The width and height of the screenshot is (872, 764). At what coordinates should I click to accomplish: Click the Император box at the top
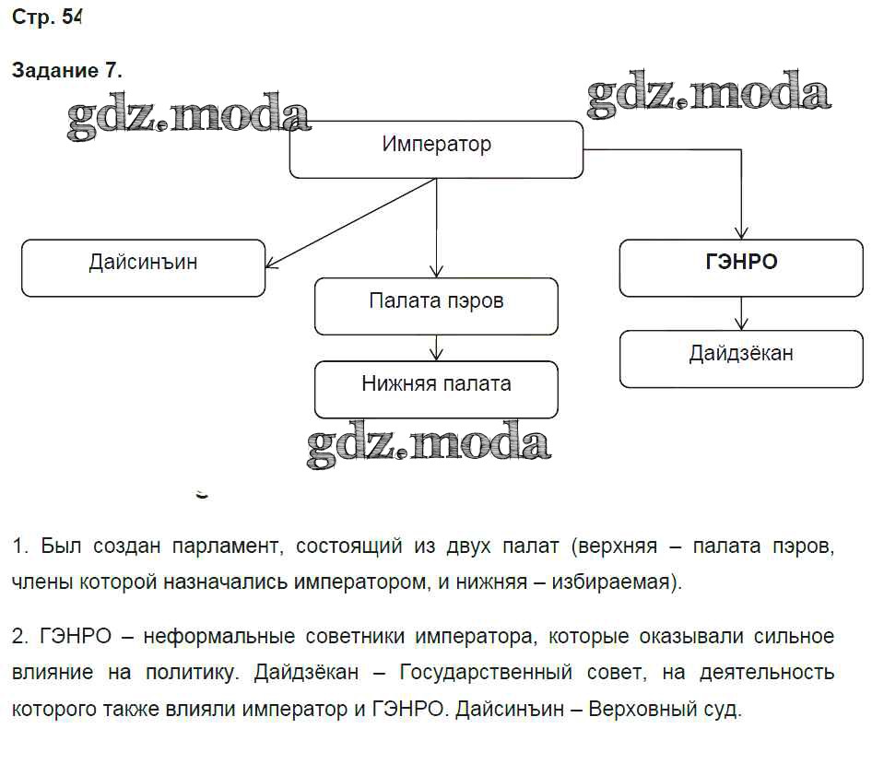pos(436,148)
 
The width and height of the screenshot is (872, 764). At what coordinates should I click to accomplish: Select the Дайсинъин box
pos(143,267)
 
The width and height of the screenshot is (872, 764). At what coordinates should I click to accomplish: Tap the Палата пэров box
pos(436,306)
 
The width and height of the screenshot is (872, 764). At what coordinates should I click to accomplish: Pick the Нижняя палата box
pos(436,389)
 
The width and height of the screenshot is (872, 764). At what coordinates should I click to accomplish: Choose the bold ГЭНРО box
pos(740,267)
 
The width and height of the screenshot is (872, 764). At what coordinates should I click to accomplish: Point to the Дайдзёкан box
pos(740,358)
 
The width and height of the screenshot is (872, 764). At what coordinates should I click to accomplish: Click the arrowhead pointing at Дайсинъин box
pos(271,264)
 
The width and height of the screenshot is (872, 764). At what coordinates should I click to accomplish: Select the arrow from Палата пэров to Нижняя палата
pos(436,347)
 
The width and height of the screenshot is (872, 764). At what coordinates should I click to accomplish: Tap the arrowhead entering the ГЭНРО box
pos(740,234)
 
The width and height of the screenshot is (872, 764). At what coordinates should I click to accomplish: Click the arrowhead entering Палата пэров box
pos(436,272)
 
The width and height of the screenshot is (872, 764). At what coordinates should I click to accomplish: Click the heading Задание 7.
pos(66,71)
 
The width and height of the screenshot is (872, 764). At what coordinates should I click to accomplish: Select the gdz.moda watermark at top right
pos(708,95)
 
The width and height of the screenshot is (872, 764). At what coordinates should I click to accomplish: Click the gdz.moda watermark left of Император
pos(189,117)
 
